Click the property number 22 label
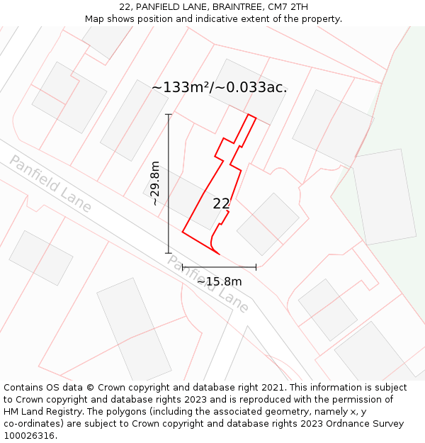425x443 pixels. coord(221,203)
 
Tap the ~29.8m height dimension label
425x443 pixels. coord(155,184)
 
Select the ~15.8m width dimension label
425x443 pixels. coord(219,281)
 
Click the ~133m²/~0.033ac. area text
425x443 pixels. coord(219,88)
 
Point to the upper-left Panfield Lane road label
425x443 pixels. coord(50,184)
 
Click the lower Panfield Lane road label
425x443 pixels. coord(208,284)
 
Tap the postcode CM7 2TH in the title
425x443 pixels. coord(286,7)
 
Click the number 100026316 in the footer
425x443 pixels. coord(29,436)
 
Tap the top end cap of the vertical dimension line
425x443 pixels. coord(169,114)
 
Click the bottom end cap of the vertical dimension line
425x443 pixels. coord(169,253)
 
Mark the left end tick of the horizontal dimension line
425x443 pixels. coord(183,267)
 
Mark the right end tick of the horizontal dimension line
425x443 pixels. coord(256,267)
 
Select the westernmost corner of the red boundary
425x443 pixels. coord(183,231)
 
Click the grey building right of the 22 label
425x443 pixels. coord(268,224)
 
